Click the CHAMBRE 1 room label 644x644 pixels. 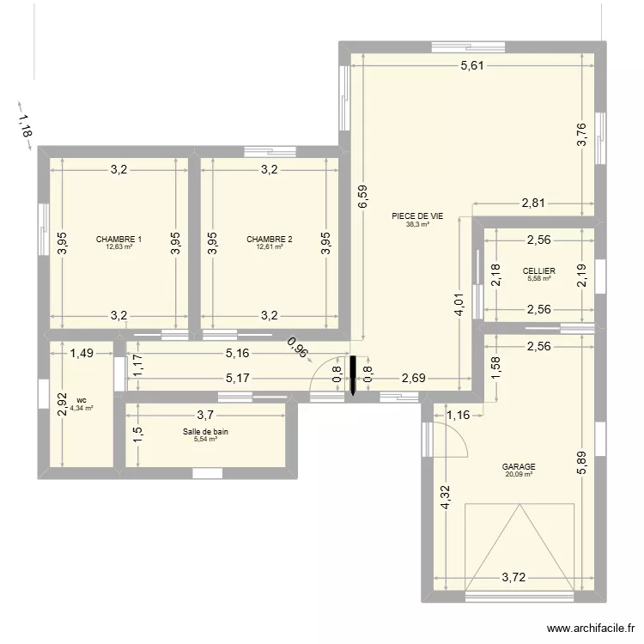(118, 239)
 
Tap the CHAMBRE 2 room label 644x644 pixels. (269, 239)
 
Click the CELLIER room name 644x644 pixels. (538, 270)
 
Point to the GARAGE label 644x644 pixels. (519, 467)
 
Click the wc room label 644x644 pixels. (81, 400)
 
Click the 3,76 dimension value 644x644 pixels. (580, 136)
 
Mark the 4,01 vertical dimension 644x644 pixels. (460, 306)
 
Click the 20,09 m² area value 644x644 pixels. (519, 475)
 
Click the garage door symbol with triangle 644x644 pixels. (519, 550)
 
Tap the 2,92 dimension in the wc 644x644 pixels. (61, 404)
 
